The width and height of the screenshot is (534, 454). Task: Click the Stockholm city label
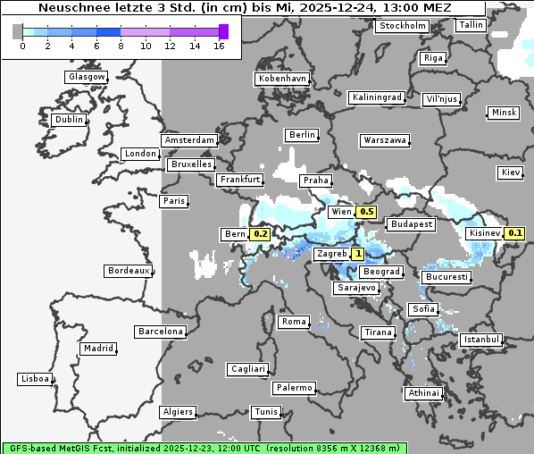[402, 25]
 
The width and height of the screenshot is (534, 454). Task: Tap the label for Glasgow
[86, 77]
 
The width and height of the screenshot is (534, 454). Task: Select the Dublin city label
[68, 119]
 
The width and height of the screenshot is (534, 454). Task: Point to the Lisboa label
[34, 379]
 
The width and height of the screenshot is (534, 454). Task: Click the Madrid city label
[97, 349]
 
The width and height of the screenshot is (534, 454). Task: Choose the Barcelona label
[160, 332]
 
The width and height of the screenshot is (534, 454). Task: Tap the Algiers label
[177, 412]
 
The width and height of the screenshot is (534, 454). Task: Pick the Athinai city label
[423, 393]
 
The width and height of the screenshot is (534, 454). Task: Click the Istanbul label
[481, 340]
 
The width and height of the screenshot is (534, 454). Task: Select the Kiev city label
[511, 172]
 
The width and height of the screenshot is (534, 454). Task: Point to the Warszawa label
[385, 140]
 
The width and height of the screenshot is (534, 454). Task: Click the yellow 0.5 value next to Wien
[366, 212]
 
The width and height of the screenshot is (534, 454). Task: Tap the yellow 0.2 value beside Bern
[261, 234]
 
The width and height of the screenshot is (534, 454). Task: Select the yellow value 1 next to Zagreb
[358, 254]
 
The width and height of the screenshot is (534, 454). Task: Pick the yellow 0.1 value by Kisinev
[515, 233]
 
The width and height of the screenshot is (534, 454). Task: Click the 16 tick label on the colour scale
[219, 46]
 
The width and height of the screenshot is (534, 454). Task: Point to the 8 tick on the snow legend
[121, 46]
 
